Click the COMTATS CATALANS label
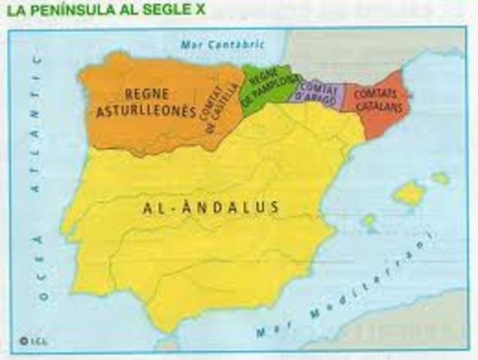[x=376, y=101]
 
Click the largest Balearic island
[x=410, y=194]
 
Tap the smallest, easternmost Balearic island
[x=441, y=178]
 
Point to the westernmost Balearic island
[x=369, y=220]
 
